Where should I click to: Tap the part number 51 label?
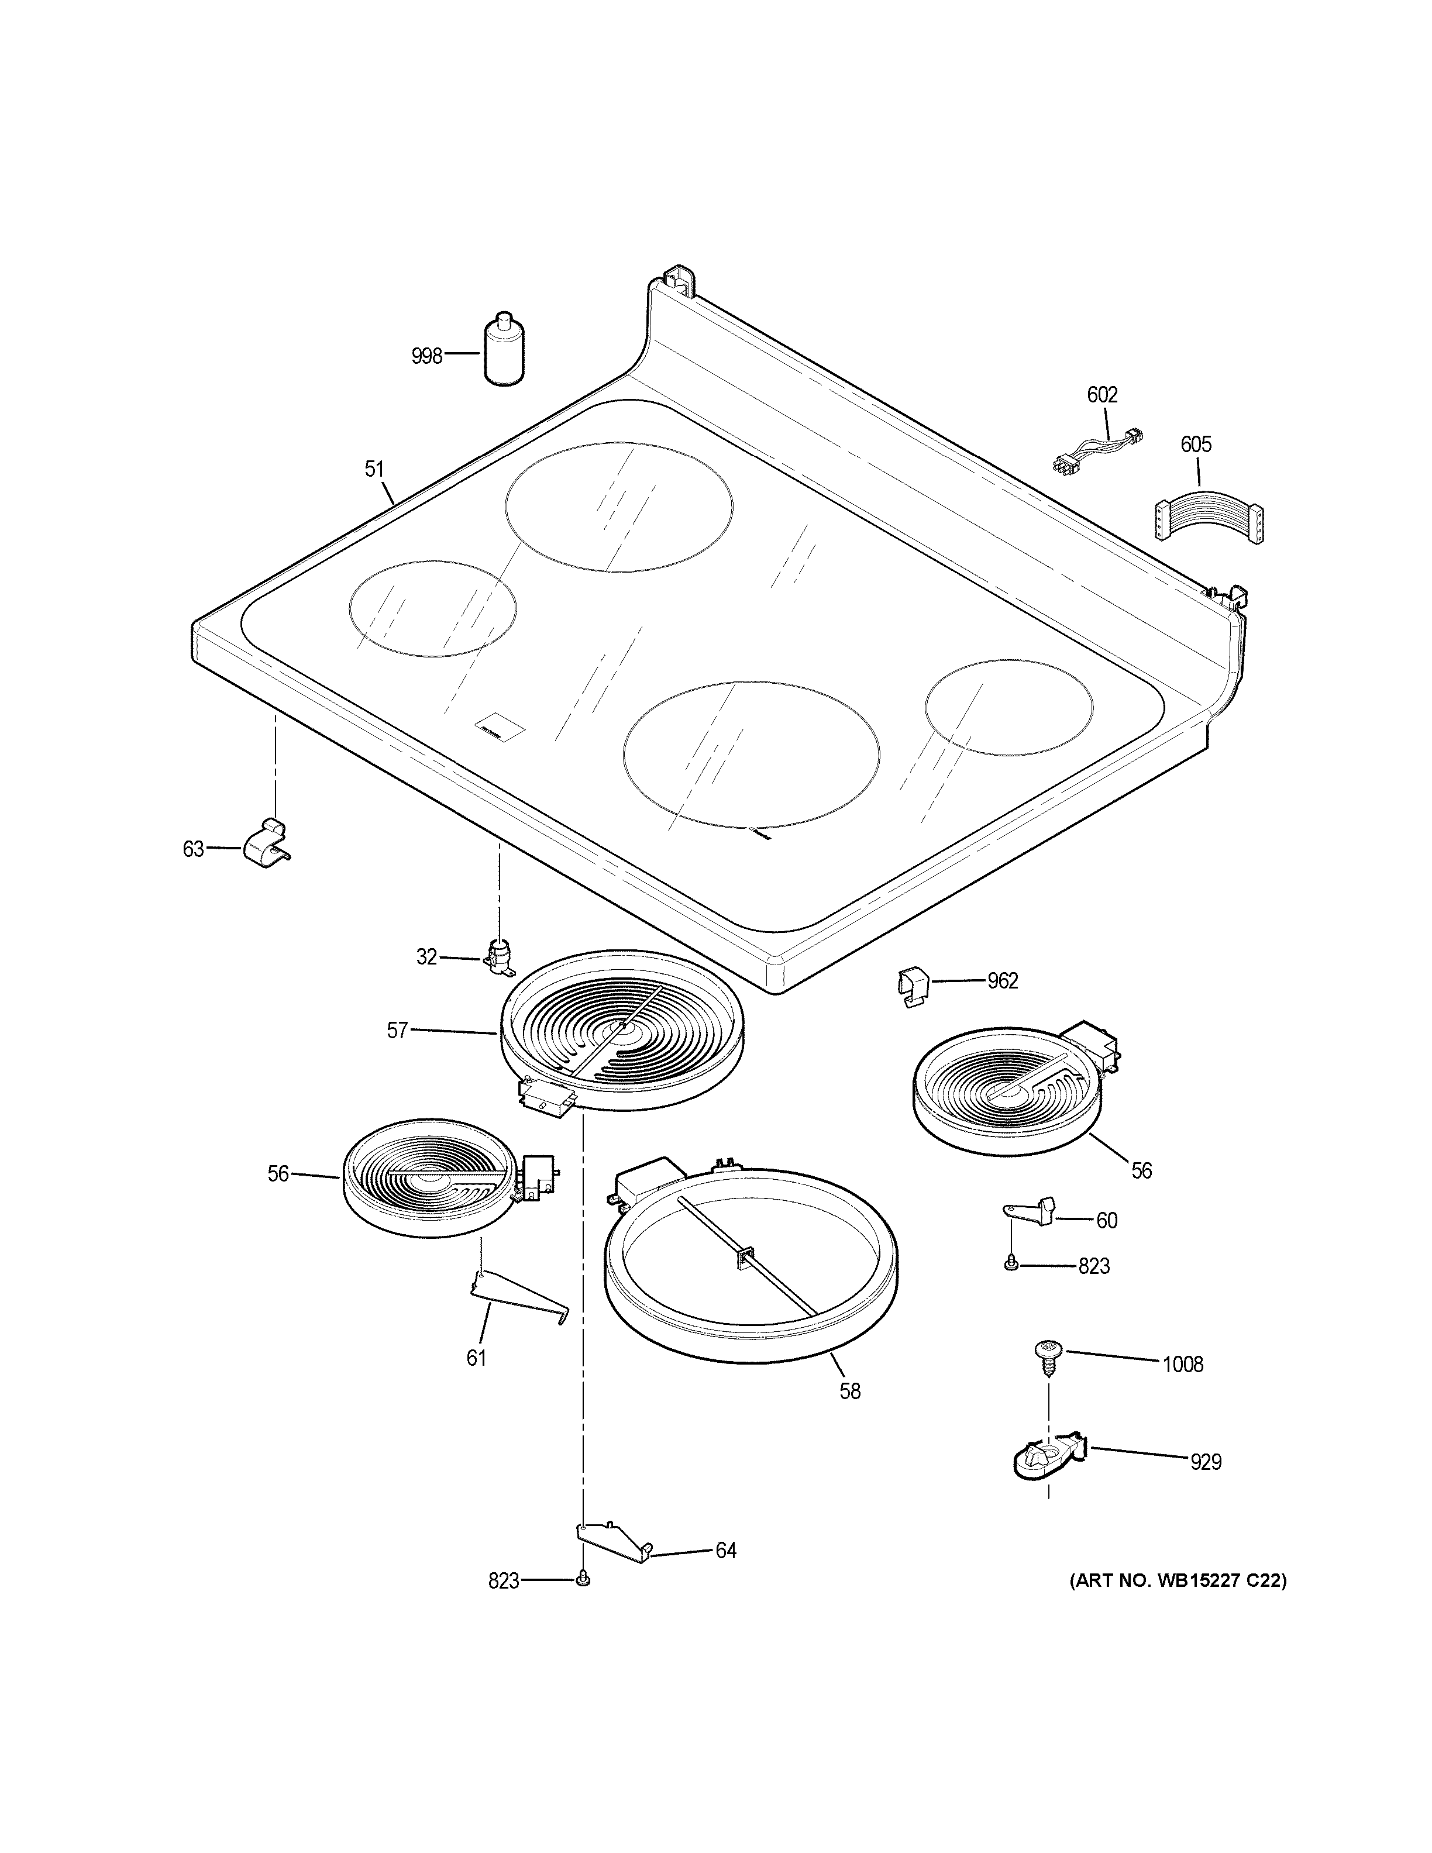coord(375,469)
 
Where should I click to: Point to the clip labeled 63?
coord(266,842)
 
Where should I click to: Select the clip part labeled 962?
coord(913,987)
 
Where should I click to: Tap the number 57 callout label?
coord(397,1031)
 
